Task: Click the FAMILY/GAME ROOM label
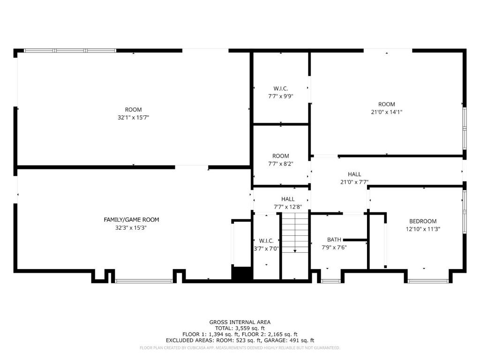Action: pos(131,219)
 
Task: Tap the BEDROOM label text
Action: pos(423,221)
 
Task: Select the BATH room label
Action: pos(334,240)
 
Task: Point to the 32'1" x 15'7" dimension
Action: pos(133,117)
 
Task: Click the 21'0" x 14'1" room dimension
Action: pos(387,112)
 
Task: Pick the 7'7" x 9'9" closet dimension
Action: pos(281,96)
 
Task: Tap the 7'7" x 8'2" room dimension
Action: pos(281,164)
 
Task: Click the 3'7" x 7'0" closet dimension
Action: pos(266,248)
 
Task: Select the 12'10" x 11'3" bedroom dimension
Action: pos(423,229)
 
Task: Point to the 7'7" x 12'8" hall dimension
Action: pos(288,207)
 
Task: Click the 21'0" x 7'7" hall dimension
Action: pos(354,182)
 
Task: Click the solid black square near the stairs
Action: pos(241,273)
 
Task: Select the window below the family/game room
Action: pos(144,281)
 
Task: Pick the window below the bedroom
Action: pos(428,281)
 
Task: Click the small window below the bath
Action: pos(330,281)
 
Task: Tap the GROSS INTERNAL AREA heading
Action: pos(240,322)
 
